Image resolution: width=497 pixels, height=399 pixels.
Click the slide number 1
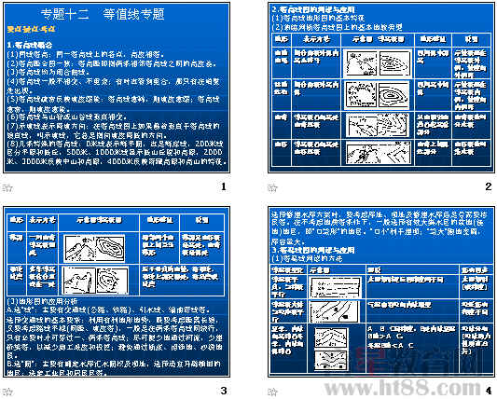[x=225, y=186]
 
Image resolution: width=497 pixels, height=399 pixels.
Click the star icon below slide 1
[x=8, y=187]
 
